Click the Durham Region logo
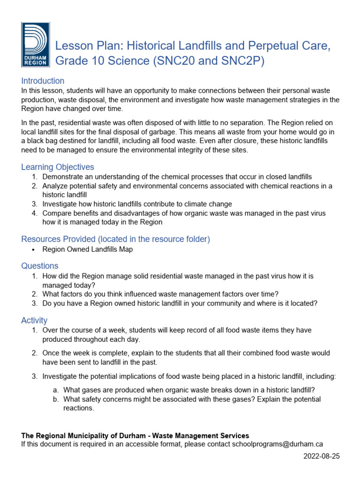pos(34,46)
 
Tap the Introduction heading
pos(43,81)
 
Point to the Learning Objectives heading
pos(57,167)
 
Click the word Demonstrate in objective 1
pos(64,177)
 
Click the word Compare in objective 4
pos(56,213)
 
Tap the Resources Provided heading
pos(115,239)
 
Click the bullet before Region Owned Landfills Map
pos(34,250)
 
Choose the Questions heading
pos(40,266)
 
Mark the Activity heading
pos(34,321)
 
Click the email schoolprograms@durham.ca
pos(277,444)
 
